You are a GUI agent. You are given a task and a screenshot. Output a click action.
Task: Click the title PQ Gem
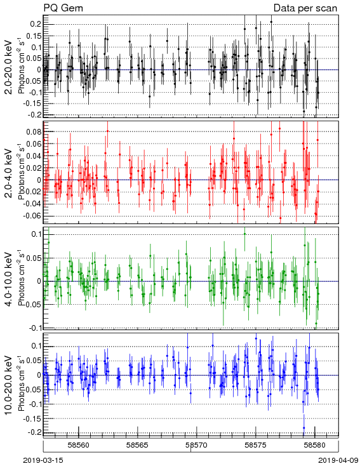click(x=63, y=8)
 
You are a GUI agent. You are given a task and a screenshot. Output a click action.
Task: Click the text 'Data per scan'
click(x=305, y=8)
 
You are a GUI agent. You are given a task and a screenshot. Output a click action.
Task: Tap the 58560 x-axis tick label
click(x=79, y=446)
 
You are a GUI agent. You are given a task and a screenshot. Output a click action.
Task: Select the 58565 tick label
click(x=138, y=446)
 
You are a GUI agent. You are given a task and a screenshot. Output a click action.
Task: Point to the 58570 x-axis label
click(x=197, y=446)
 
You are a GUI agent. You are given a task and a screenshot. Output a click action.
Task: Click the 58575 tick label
click(x=256, y=446)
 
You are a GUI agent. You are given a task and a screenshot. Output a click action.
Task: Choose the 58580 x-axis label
click(x=315, y=446)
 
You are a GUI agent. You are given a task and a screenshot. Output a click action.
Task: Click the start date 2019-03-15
click(x=43, y=460)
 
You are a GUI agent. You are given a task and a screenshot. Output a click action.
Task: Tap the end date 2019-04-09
click(x=338, y=460)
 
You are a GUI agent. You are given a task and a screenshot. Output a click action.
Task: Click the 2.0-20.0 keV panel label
click(x=10, y=67)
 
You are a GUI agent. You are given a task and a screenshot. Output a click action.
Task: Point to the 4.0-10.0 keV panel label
click(x=10, y=279)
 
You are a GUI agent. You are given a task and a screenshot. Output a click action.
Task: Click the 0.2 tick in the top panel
click(x=35, y=24)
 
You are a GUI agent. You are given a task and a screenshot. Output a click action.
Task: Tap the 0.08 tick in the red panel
click(x=33, y=131)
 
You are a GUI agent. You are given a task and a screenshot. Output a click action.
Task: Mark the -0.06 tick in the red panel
click(x=32, y=215)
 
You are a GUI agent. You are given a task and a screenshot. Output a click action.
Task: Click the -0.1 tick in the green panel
click(x=34, y=328)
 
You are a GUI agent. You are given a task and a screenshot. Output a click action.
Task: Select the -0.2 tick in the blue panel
click(x=34, y=432)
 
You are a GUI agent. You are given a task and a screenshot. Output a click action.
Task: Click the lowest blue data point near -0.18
click(x=304, y=428)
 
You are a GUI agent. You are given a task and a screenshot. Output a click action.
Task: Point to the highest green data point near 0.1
click(x=244, y=234)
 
